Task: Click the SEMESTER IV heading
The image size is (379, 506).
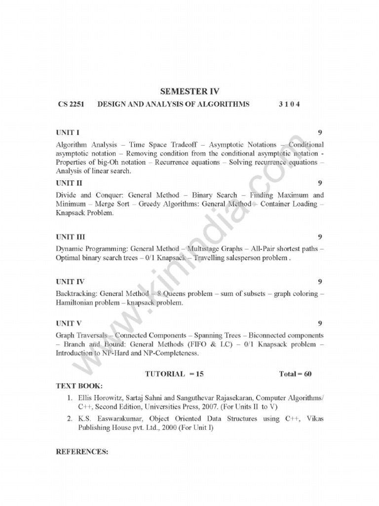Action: coord(189,91)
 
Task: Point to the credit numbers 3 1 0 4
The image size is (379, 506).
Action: coord(289,104)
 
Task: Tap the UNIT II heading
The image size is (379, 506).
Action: coord(69,183)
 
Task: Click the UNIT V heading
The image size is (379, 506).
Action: coord(69,324)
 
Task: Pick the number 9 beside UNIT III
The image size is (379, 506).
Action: coord(320,237)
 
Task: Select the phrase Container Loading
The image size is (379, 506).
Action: coord(289,204)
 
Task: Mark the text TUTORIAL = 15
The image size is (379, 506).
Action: coord(174,374)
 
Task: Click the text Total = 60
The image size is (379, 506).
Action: coord(295,374)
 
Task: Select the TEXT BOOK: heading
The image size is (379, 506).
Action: coord(79,385)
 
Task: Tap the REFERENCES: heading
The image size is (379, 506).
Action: coord(82,452)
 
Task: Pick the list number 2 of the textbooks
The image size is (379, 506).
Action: coord(70,419)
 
